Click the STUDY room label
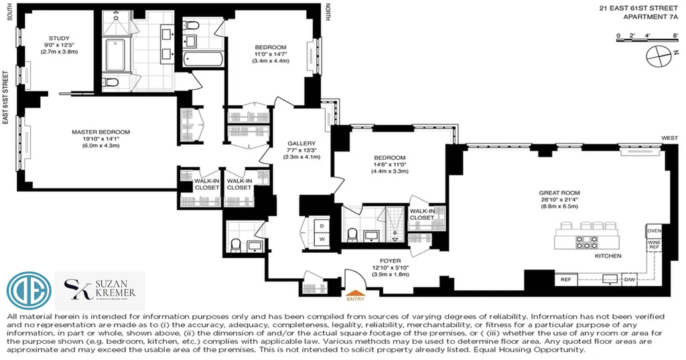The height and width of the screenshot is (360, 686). tap(59, 38)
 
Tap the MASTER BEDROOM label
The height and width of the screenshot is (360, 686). tap(100, 132)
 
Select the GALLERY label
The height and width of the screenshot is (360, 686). tap(301, 143)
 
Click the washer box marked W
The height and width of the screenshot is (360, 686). tap(322, 239)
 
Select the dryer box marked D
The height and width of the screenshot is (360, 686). tap(322, 225)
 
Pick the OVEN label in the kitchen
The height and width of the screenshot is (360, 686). tap(654, 231)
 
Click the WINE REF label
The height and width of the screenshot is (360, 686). tap(654, 245)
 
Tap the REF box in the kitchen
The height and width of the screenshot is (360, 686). tap(565, 280)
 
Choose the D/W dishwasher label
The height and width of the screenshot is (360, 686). tap(628, 280)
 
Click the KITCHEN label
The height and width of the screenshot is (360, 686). tap(608, 256)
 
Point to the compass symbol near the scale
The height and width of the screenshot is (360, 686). tap(659, 56)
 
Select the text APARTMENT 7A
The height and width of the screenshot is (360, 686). tap(650, 17)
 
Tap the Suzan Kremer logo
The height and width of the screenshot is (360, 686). tap(100, 291)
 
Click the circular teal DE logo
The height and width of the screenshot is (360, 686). tap(29, 291)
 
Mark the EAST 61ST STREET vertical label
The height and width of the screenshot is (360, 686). tap(5, 97)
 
